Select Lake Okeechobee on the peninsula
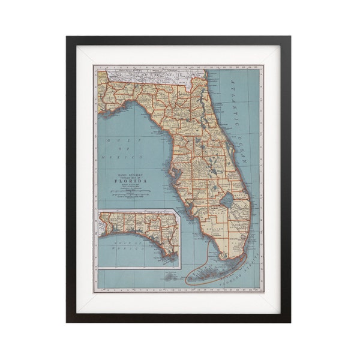(227, 199)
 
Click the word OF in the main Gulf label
(120, 147)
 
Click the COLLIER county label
(213, 229)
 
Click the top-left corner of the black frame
(67, 37)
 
